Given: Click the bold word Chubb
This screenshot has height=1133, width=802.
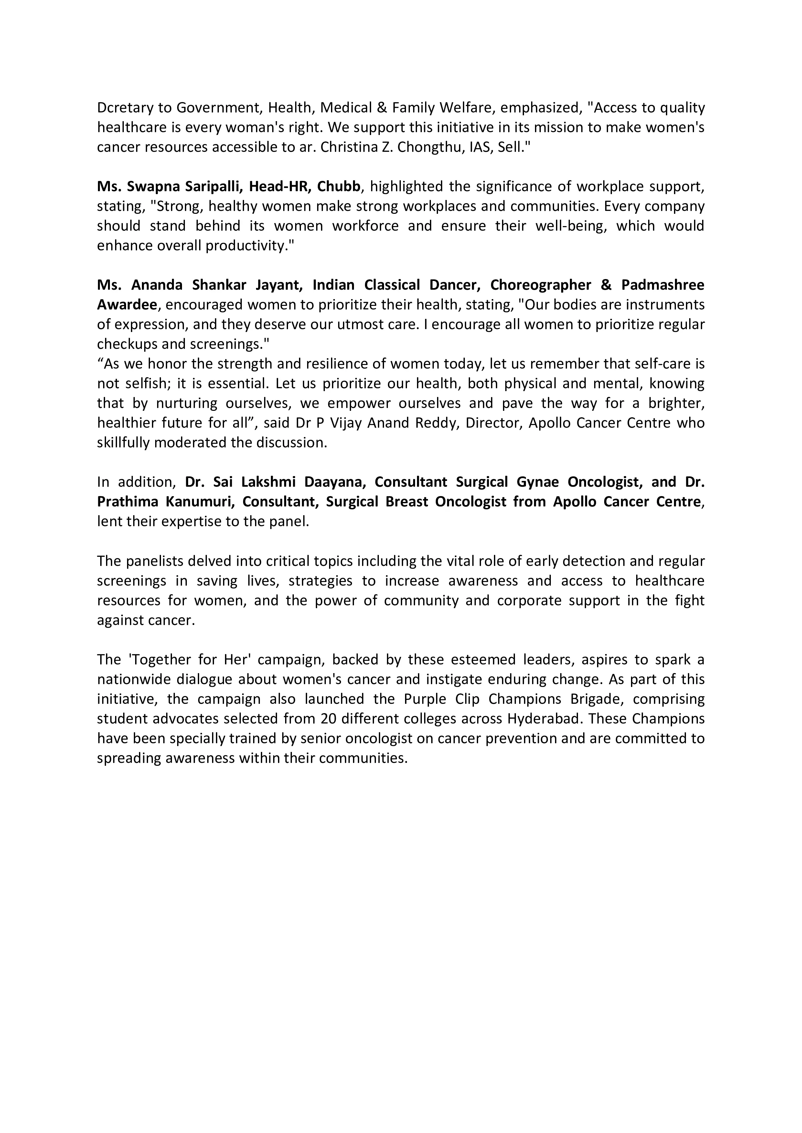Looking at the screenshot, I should (x=339, y=187).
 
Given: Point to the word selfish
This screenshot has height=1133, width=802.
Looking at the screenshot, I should (x=143, y=383).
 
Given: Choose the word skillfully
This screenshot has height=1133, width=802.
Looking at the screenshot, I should (x=123, y=443).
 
